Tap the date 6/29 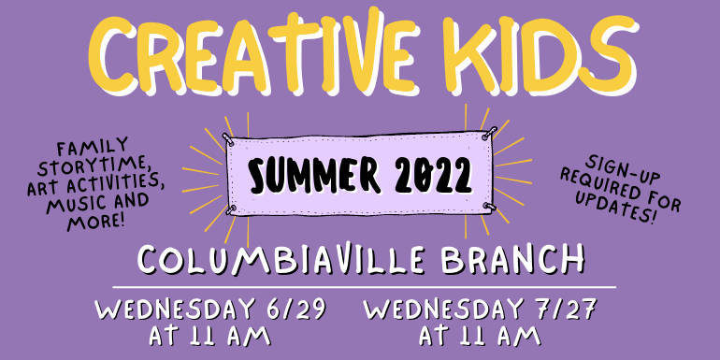coord(294,308)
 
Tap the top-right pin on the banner coord(485,134)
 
